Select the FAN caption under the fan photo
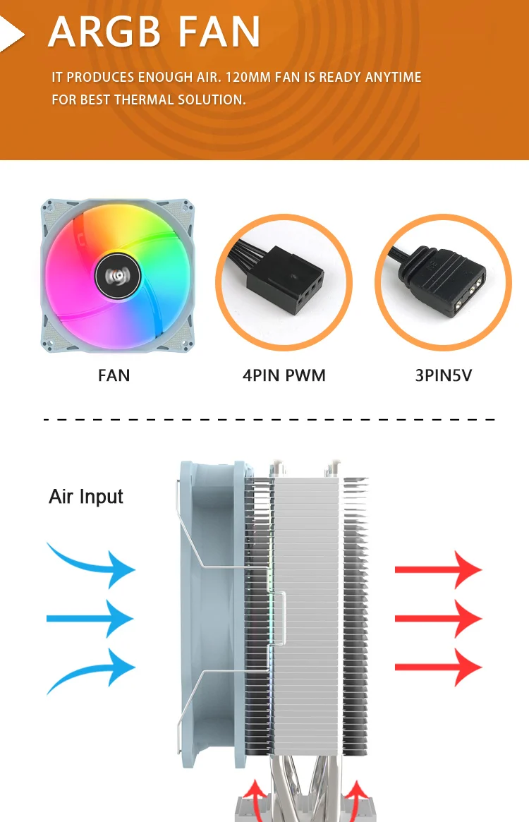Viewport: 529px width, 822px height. [x=114, y=375]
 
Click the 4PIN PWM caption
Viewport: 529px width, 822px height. [x=284, y=375]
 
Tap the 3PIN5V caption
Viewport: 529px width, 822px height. [x=443, y=375]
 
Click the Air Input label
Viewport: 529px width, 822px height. [x=86, y=497]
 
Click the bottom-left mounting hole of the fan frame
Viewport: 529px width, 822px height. [x=49, y=345]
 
